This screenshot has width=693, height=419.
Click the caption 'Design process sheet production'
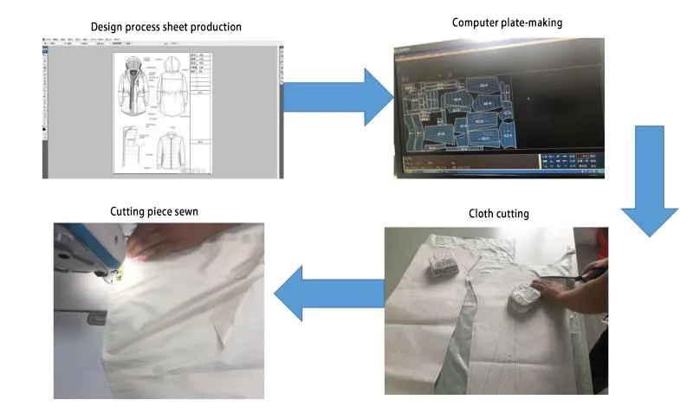[166, 27]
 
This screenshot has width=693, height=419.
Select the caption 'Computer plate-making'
[507, 23]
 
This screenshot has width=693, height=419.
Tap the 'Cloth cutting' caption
[499, 214]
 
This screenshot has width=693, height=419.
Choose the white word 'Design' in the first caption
[107, 27]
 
